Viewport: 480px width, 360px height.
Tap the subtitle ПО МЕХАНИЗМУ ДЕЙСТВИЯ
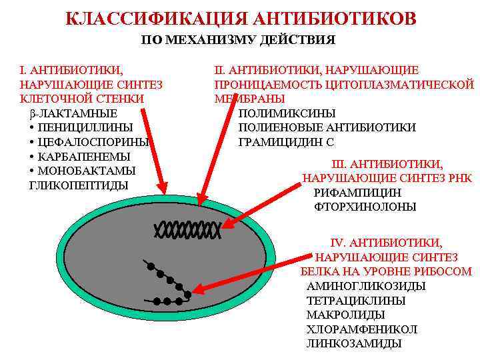(238, 40)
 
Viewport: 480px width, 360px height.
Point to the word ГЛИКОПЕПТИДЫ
(79, 185)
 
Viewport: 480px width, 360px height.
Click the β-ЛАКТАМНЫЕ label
(73, 113)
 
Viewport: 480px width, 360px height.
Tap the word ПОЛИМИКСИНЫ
(287, 113)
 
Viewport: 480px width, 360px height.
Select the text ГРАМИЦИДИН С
(286, 142)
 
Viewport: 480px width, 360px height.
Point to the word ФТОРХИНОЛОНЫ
(365, 207)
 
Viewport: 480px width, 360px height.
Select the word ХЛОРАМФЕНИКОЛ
(361, 330)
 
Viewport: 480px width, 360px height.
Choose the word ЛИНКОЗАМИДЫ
(353, 344)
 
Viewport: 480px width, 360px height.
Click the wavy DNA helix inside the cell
(187, 230)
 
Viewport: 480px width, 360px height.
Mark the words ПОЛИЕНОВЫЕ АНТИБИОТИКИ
(327, 127)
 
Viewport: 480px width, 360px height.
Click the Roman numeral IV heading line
(386, 243)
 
